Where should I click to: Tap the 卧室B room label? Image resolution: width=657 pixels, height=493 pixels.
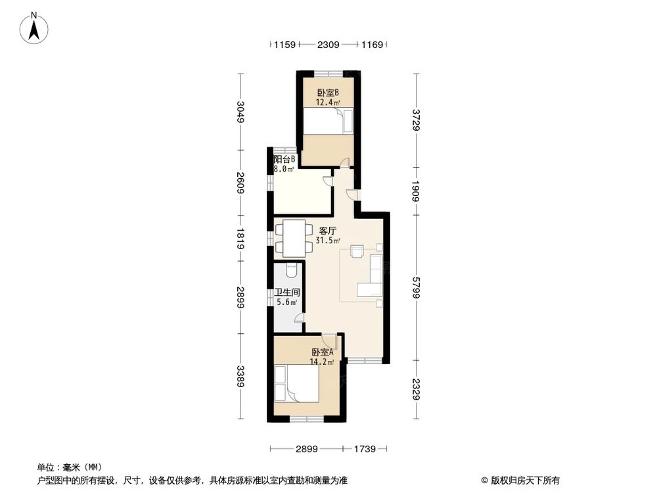327,93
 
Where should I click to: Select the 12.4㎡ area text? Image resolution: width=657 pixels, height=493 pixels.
327,103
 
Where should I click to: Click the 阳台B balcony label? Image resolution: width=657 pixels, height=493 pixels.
284,159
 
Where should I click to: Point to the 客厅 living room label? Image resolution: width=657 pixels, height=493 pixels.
328,231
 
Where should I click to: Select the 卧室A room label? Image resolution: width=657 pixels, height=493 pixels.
323,352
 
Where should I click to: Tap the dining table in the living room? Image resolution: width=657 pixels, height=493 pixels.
294,239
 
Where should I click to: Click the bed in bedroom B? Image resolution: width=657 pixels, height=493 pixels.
327,122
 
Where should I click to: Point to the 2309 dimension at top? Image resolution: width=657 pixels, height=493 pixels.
328,45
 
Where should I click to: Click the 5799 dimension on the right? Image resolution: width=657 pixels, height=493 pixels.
415,287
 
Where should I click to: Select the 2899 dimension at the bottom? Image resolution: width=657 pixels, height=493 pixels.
307,449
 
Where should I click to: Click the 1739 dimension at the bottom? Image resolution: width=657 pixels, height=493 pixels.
364,449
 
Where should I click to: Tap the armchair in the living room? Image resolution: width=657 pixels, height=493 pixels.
357,251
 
